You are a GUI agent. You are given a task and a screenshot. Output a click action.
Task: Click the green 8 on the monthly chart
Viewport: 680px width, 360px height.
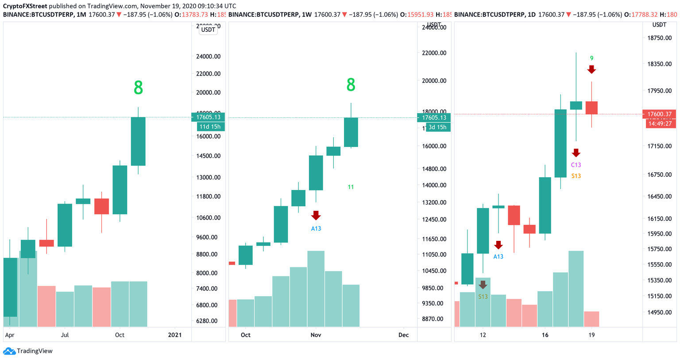pos(138,88)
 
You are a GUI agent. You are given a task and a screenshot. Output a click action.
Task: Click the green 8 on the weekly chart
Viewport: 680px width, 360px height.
pos(351,85)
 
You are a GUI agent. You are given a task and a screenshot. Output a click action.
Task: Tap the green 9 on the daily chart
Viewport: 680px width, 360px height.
pos(591,58)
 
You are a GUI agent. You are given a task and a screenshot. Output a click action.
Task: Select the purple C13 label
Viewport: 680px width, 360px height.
pos(576,165)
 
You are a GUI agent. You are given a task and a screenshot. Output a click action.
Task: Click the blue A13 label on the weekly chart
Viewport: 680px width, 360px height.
pos(316,228)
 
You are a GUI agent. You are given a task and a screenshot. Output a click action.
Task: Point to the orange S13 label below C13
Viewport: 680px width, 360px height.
pos(576,176)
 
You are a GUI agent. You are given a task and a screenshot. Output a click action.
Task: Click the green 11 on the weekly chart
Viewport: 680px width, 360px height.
pos(351,187)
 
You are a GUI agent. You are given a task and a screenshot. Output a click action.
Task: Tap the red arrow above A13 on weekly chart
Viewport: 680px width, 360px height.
pos(316,216)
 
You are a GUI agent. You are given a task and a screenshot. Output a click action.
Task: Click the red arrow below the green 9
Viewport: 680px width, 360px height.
pos(591,70)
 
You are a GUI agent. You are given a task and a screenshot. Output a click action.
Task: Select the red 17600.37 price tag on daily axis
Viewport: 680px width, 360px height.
pos(659,114)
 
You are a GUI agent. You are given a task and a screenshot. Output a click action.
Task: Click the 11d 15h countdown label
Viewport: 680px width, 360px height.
pos(209,127)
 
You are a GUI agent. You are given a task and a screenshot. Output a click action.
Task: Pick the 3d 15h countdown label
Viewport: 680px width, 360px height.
pos(437,127)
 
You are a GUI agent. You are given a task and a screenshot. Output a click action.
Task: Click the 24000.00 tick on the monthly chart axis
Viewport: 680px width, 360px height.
pos(208,57)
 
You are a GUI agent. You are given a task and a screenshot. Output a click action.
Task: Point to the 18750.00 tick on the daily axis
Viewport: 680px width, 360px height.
pos(659,38)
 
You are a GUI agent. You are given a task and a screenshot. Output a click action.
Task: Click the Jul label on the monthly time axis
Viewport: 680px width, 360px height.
pos(65,335)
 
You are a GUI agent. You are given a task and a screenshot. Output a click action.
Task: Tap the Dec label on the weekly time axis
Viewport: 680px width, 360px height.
pos(403,335)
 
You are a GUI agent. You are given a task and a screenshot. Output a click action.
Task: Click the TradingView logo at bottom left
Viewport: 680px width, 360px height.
pos(28,351)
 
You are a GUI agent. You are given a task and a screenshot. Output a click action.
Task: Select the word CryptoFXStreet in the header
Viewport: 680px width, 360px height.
pos(25,6)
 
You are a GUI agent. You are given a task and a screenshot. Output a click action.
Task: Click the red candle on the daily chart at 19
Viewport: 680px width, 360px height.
pos(591,108)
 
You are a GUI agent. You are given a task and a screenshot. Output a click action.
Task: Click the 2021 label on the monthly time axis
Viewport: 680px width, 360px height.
pos(175,335)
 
